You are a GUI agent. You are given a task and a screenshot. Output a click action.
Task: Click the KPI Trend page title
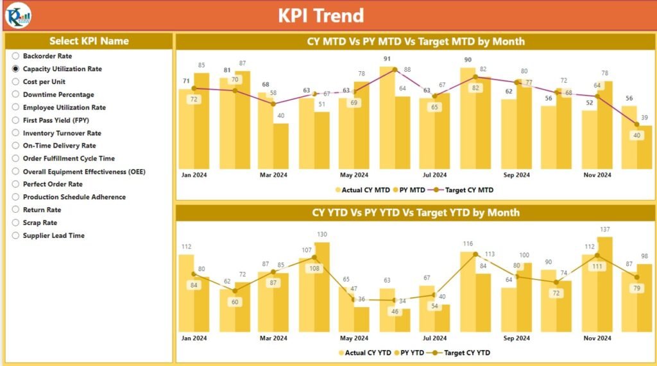(321, 15)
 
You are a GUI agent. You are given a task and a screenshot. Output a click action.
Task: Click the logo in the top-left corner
(17, 16)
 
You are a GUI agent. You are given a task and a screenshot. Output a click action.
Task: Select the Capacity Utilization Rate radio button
(16, 69)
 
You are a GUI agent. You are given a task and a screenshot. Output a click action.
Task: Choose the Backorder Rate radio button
(16, 56)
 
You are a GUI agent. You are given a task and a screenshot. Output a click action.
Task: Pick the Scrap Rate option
(16, 222)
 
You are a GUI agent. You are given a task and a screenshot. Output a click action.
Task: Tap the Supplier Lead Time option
(16, 235)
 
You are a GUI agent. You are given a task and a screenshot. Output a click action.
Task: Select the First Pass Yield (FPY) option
(16, 120)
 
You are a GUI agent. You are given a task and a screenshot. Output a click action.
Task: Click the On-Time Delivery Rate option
(16, 146)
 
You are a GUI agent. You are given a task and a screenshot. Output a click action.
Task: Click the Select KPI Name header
(89, 41)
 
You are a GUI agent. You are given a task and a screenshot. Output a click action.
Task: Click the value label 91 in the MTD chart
(387, 59)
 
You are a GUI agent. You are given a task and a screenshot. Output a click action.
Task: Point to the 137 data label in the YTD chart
(604, 229)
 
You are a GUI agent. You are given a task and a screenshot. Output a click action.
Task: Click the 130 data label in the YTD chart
(322, 235)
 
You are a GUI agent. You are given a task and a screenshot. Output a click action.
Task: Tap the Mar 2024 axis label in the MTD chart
(274, 175)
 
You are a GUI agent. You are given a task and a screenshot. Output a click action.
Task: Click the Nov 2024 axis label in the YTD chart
(597, 338)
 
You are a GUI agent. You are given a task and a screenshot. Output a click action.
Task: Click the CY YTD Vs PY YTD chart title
(416, 212)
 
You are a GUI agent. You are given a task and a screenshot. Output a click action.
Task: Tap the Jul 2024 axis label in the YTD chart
(434, 338)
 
